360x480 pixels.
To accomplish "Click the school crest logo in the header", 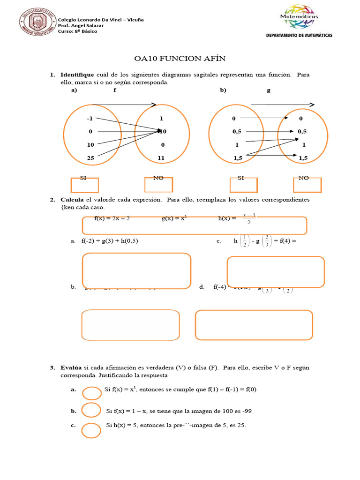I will (x=36, y=22).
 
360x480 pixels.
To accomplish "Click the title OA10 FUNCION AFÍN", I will (x=180, y=59).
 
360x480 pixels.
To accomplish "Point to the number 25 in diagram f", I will (x=90, y=158).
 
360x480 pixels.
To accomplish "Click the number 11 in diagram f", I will (x=161, y=158).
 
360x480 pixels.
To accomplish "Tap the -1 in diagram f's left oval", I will (x=90, y=119).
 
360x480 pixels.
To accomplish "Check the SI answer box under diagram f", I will (x=84, y=185).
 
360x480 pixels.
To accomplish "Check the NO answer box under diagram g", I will (x=307, y=185).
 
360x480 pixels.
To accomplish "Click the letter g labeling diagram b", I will (x=269, y=90).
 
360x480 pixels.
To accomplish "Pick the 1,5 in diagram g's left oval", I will (x=238, y=158).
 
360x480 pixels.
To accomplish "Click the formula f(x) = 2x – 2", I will (x=112, y=218).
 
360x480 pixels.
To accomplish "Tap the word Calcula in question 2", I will (x=72, y=200).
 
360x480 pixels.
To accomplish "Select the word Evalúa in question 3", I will (x=71, y=368).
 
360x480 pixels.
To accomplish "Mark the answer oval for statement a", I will (x=91, y=391).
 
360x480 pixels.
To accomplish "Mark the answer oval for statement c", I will (x=91, y=429).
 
